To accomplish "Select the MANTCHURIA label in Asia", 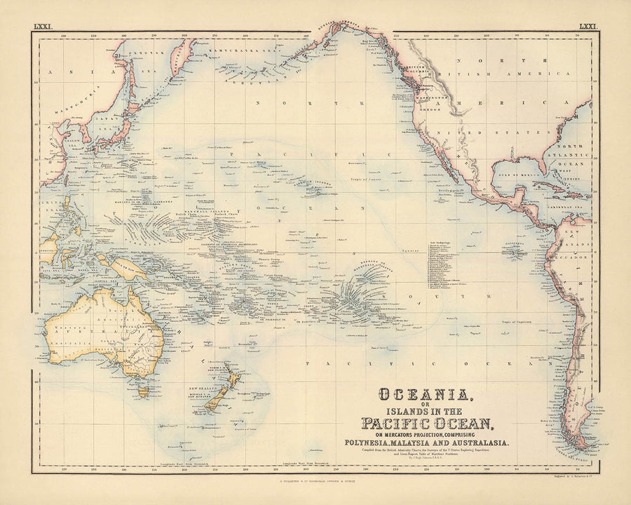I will [x=83, y=100].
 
